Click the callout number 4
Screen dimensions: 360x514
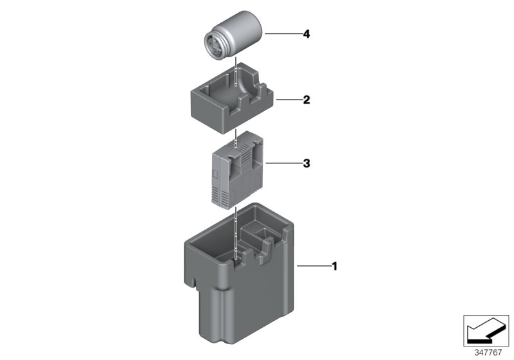tap(307, 33)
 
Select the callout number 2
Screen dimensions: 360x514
tap(306, 100)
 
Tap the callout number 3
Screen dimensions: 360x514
tap(306, 164)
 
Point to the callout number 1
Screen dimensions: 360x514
tap(333, 265)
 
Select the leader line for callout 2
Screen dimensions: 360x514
tap(287, 100)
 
